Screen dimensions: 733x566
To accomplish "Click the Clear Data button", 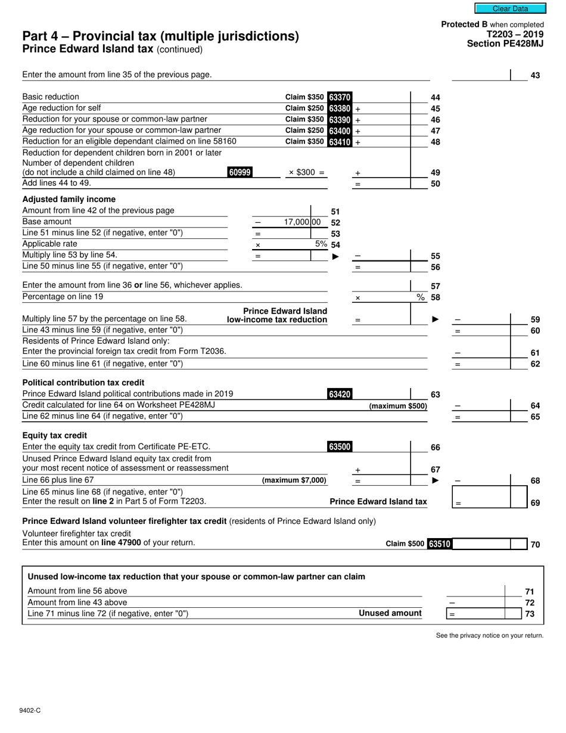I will click(x=510, y=8).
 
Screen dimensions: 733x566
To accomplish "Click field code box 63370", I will click(x=340, y=97).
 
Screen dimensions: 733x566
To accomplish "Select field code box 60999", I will click(x=240, y=172).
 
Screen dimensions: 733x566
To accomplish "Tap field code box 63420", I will click(x=340, y=394).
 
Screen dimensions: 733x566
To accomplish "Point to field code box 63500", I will click(x=340, y=446).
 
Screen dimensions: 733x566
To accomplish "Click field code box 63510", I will click(x=440, y=543).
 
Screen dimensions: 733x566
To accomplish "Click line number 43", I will click(x=535, y=76).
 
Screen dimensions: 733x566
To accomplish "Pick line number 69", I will click(x=535, y=503).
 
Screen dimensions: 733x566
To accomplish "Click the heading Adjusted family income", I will click(x=69, y=199).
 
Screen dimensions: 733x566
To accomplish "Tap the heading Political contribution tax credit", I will click(x=83, y=382).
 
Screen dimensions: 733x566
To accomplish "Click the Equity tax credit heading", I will click(x=54, y=435).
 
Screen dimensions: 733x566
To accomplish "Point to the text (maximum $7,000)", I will click(x=294, y=480).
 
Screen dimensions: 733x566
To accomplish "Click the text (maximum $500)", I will click(x=398, y=406).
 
